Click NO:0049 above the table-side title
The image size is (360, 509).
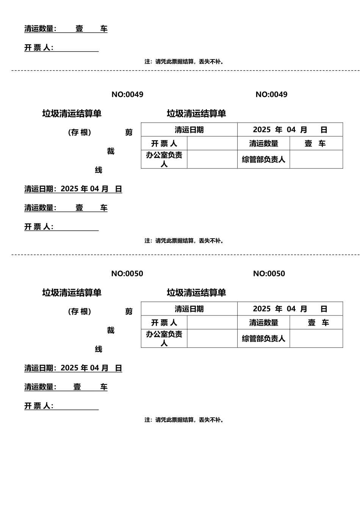(271, 95)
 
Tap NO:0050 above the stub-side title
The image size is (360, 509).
(127, 274)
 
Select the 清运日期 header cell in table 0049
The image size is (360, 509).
(189, 130)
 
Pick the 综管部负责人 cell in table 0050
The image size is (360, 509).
(263, 339)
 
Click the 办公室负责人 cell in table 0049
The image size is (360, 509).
(164, 159)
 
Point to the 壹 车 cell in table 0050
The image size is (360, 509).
(316, 323)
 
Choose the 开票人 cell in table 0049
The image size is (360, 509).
(164, 144)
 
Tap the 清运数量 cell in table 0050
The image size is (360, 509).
(263, 323)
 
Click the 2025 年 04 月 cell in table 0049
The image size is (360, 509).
(290, 130)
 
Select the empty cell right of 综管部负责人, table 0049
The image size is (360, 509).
(316, 159)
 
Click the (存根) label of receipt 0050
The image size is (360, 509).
(80, 311)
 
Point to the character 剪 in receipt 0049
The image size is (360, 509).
(129, 133)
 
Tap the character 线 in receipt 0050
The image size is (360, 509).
(99, 349)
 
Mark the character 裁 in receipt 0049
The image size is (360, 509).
(111, 151)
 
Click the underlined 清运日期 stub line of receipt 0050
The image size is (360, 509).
(73, 368)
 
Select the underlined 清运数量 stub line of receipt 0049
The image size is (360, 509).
(66, 208)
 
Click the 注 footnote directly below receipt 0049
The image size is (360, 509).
(184, 241)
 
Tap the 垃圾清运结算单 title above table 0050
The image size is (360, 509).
(196, 293)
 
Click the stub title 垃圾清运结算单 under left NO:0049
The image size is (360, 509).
(72, 114)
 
